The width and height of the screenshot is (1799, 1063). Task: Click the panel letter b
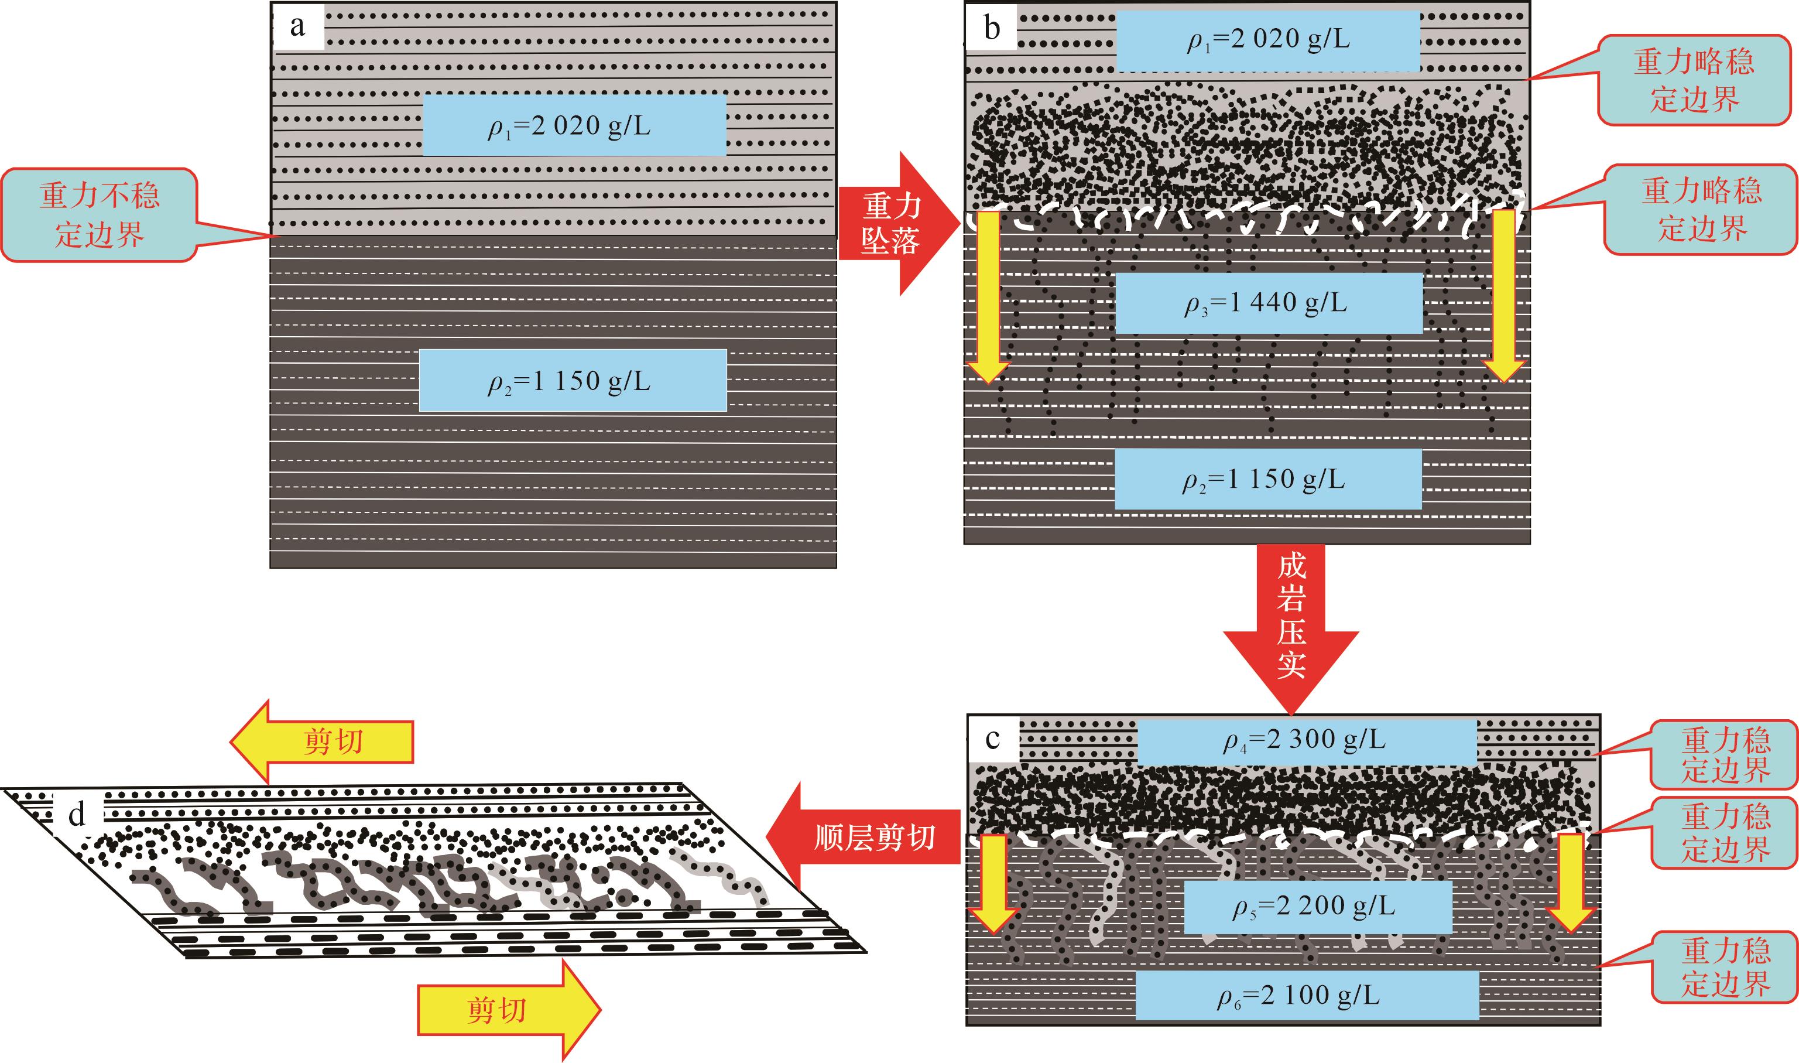(x=992, y=29)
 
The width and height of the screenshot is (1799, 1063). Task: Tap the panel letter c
(x=992, y=739)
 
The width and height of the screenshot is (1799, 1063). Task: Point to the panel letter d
(x=77, y=815)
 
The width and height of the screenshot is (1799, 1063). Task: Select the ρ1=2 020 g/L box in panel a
(x=574, y=126)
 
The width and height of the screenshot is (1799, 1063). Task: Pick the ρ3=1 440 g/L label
(x=1269, y=303)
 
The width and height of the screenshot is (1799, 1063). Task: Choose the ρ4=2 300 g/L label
(x=1307, y=740)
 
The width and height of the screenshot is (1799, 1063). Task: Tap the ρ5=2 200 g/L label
(x=1317, y=907)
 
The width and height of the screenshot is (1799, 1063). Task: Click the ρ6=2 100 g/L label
(x=1307, y=996)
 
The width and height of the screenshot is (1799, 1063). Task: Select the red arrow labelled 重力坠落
(x=895, y=224)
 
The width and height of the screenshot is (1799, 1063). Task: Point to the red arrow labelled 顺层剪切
(x=866, y=837)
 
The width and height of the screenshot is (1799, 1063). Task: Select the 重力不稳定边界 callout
(x=100, y=215)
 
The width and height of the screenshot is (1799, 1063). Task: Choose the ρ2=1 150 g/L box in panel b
(x=1267, y=479)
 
